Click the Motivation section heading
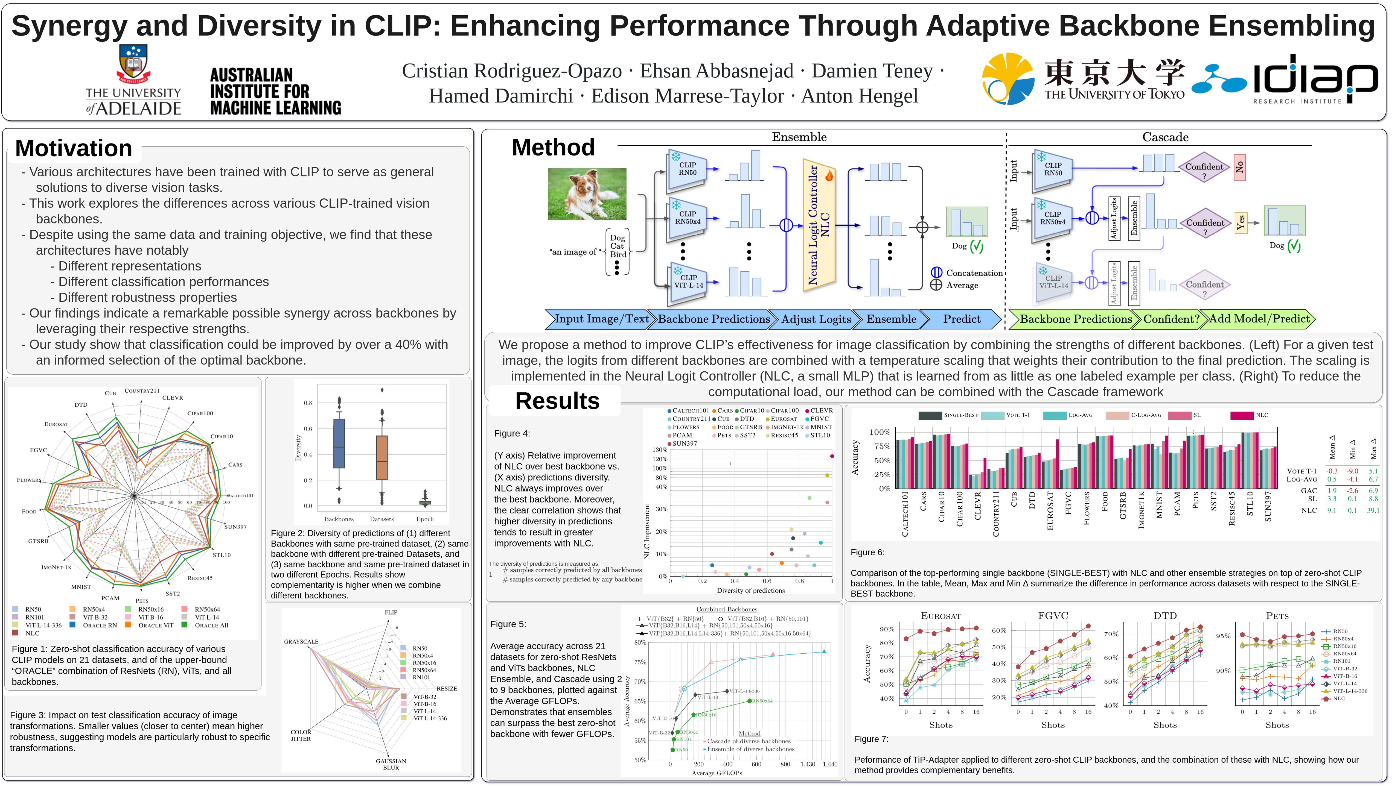[x=74, y=148]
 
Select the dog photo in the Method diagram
[x=587, y=193]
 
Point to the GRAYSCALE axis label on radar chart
[x=301, y=642]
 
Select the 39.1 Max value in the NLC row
[x=1373, y=510]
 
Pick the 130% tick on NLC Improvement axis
[x=659, y=450]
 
